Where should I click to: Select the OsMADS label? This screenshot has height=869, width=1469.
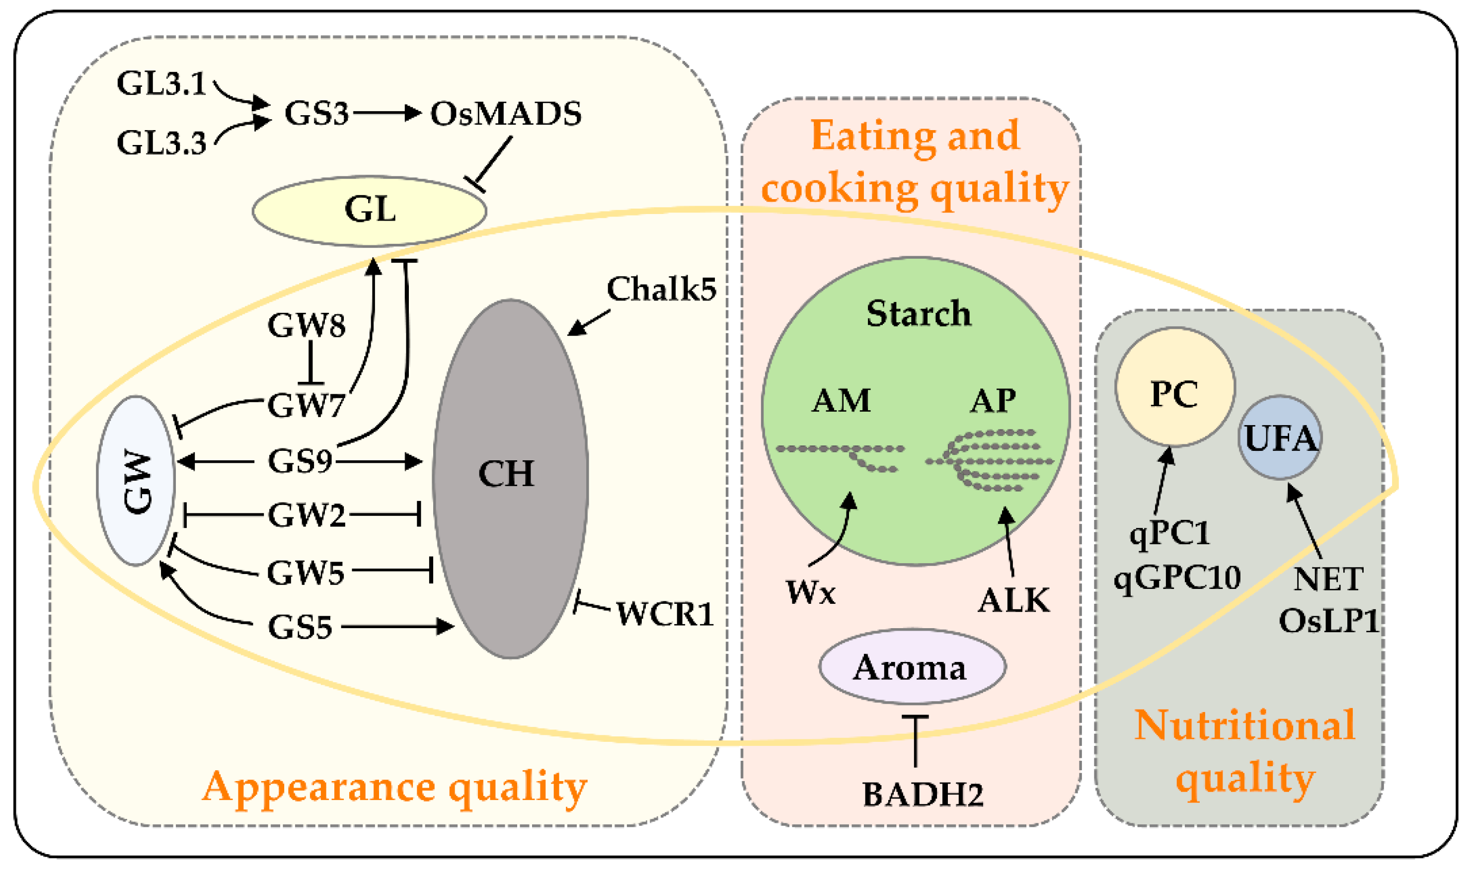click(x=506, y=114)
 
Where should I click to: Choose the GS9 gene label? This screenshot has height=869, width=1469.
click(x=300, y=461)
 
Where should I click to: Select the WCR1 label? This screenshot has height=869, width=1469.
click(x=665, y=614)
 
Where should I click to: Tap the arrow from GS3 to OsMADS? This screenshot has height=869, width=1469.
click(x=387, y=113)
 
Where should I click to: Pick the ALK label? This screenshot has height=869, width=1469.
click(x=1014, y=600)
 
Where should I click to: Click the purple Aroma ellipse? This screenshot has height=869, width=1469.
click(x=912, y=667)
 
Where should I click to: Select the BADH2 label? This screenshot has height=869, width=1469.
click(x=923, y=795)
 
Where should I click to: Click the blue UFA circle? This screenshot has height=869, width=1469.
click(x=1280, y=437)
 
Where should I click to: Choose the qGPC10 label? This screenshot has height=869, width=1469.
click(x=1177, y=578)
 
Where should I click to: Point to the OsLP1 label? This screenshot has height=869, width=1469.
click(x=1328, y=621)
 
